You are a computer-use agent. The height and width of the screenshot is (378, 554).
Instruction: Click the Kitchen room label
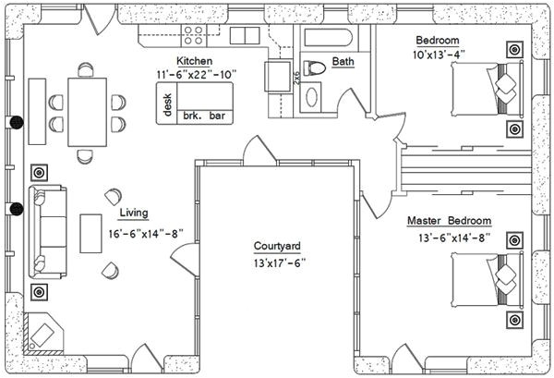tap(194, 61)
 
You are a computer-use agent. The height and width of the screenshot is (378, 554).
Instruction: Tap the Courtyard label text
tap(277, 246)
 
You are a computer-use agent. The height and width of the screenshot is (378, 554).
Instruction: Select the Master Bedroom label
tap(449, 221)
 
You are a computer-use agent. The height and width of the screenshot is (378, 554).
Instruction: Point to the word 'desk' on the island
tap(167, 104)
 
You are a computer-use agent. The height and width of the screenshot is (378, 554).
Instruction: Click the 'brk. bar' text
tap(204, 116)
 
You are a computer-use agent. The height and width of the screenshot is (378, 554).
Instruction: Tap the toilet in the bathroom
tap(314, 67)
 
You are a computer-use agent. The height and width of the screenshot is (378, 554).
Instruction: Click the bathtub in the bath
tap(328, 38)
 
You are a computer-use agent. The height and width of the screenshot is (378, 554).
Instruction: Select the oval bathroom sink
tap(311, 97)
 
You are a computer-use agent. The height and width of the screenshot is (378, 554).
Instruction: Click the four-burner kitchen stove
tap(193, 35)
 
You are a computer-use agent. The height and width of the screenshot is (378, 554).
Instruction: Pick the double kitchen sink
tap(245, 36)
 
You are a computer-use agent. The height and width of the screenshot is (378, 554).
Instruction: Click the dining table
tap(88, 112)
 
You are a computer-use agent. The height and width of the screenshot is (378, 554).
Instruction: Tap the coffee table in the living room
tap(90, 234)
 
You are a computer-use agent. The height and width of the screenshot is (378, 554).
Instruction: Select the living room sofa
tap(47, 232)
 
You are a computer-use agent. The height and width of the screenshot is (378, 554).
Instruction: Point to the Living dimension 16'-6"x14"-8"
tap(146, 234)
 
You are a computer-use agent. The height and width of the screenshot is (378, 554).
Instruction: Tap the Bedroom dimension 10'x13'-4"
tap(438, 55)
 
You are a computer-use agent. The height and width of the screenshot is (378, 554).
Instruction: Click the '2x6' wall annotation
tap(296, 78)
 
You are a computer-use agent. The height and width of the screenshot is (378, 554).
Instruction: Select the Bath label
tap(343, 62)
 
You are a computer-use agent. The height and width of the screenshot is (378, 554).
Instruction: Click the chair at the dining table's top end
tap(86, 69)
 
